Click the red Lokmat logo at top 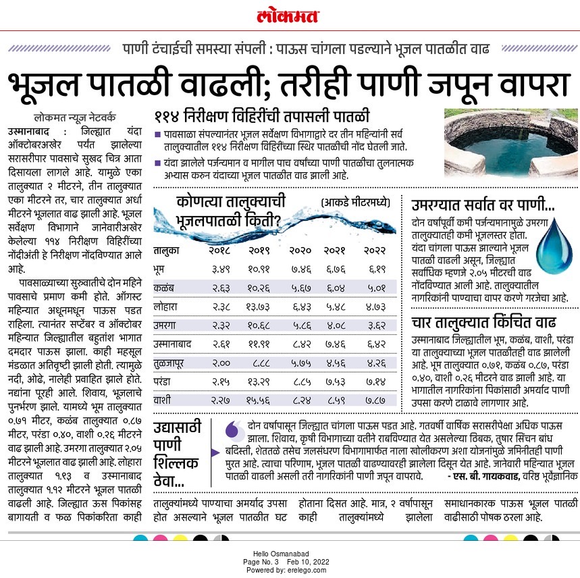pyautogui.click(x=290, y=15)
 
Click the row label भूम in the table pyautogui.click(x=161, y=269)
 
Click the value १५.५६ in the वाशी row pyautogui.click(x=259, y=400)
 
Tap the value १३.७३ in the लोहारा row pyautogui.click(x=259, y=306)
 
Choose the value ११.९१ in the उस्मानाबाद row pyautogui.click(x=259, y=344)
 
